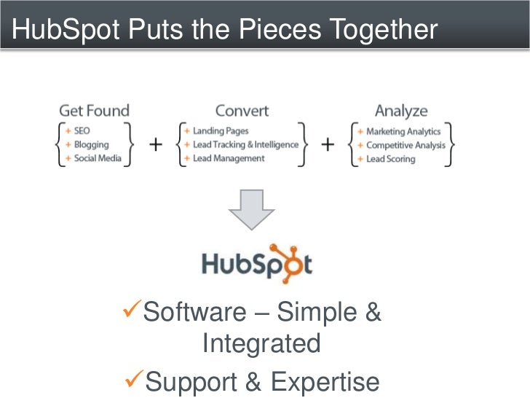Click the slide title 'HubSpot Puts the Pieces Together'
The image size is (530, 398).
(225, 30)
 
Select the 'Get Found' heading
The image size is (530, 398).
(94, 111)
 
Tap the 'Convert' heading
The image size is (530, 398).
(242, 111)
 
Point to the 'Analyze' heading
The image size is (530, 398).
(401, 111)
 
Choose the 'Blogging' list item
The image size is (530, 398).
(91, 144)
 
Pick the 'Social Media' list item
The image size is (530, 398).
(97, 158)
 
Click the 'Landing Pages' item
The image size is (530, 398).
(221, 131)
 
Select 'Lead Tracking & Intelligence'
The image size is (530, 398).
(245, 144)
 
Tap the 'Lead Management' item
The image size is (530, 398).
(229, 158)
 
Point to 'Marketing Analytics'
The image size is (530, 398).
(403, 132)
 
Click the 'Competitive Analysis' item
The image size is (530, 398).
(406, 145)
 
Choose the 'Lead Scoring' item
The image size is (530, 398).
(390, 159)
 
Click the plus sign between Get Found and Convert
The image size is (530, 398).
(156, 144)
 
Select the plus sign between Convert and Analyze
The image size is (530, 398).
(328, 144)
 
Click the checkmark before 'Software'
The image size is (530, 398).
(132, 312)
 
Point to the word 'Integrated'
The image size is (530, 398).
(261, 343)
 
